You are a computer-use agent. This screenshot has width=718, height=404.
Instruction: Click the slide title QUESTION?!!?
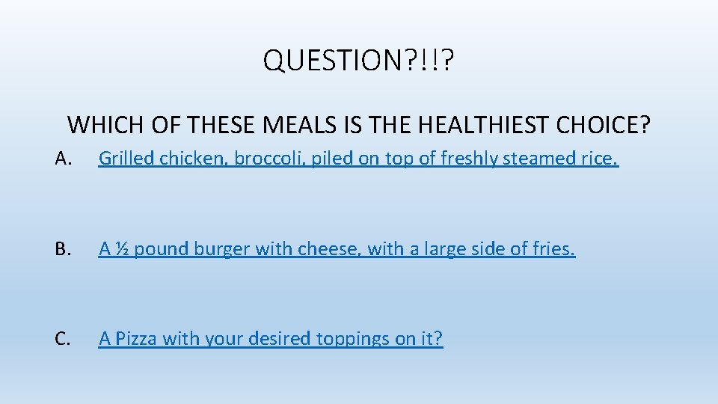click(358, 61)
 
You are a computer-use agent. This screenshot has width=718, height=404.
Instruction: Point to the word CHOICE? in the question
click(603, 124)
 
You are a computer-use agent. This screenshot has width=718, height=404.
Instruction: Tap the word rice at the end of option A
click(601, 159)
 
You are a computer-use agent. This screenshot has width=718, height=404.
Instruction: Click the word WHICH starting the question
click(96, 124)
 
